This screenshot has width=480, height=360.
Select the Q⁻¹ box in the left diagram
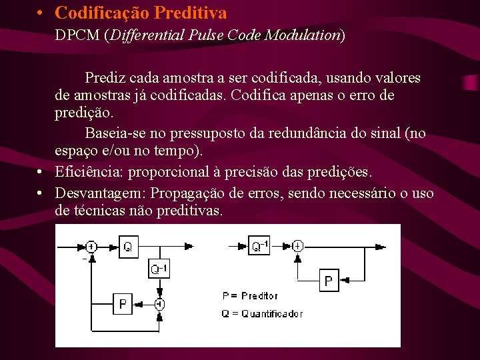159,269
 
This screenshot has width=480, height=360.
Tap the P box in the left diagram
122,305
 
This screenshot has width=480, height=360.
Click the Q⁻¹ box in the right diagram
260,246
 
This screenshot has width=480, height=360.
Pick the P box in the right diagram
328,281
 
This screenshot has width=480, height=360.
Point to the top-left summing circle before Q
91,247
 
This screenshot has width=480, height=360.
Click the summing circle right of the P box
159,305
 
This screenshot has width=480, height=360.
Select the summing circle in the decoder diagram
297,246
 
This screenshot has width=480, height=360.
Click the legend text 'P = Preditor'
249,295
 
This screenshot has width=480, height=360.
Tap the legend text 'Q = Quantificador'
262,313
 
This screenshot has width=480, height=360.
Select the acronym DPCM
77,35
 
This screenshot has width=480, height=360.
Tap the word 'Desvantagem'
101,193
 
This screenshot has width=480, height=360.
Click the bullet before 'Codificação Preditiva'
41,13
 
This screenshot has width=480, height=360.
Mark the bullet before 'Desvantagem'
41,193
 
